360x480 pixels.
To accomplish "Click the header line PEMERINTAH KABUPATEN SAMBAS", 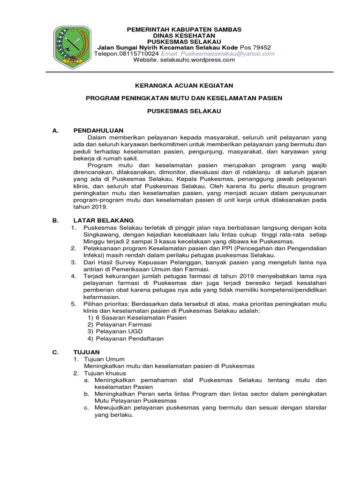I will (x=184, y=30).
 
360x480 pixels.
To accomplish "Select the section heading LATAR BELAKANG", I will (x=104, y=220).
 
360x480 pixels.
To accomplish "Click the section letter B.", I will (x=55, y=220).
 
